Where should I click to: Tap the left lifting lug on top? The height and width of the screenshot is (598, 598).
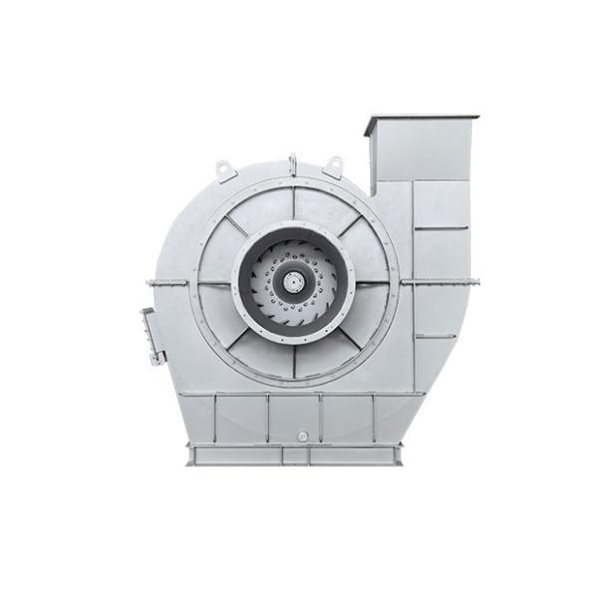(x=226, y=169)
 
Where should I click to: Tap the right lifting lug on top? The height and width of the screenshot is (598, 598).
(x=333, y=164)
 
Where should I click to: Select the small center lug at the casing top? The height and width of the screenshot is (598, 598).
(x=293, y=162)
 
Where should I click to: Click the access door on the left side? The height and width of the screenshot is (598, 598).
(x=151, y=337)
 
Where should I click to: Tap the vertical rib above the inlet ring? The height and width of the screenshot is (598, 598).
(x=295, y=203)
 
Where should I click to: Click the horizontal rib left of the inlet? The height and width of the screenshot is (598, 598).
(x=214, y=283)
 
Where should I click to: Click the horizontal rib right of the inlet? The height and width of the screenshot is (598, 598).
(x=376, y=283)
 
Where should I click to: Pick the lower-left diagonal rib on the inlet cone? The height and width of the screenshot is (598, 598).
(x=239, y=339)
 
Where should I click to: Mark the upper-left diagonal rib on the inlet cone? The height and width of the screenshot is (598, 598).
(x=239, y=227)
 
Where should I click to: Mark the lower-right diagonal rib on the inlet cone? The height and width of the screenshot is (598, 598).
(x=351, y=339)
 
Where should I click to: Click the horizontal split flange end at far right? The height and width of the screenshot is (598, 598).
(x=468, y=283)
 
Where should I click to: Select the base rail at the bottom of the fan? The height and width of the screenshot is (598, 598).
(x=295, y=455)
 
